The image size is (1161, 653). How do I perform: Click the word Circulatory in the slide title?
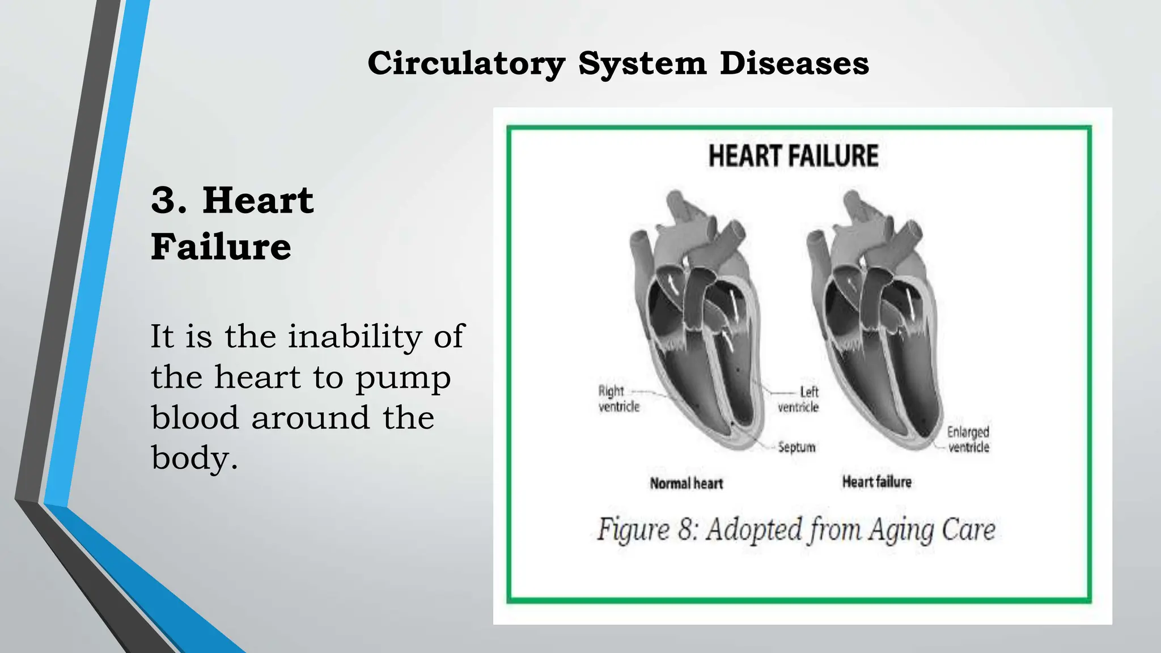pyautogui.click(x=466, y=63)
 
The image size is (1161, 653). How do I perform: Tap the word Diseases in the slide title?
pyautogui.click(x=794, y=63)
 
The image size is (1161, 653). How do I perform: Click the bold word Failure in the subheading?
pyautogui.click(x=221, y=247)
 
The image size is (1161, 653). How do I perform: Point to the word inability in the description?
pyautogui.click(x=355, y=337)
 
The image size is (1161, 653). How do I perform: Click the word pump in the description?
pyautogui.click(x=403, y=379)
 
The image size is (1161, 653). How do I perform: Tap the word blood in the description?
pyautogui.click(x=194, y=418)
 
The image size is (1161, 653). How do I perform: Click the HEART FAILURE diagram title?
pyautogui.click(x=793, y=156)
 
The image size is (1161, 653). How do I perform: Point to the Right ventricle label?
pyautogui.click(x=618, y=399)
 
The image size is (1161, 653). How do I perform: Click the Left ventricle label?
pyautogui.click(x=799, y=400)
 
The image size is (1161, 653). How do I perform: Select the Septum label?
pyautogui.click(x=796, y=447)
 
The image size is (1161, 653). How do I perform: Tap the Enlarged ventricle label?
pyautogui.click(x=968, y=439)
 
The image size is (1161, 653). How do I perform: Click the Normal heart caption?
pyautogui.click(x=686, y=484)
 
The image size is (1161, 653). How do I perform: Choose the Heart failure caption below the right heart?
pyautogui.click(x=876, y=482)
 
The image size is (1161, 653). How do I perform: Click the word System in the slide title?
pyautogui.click(x=642, y=63)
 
